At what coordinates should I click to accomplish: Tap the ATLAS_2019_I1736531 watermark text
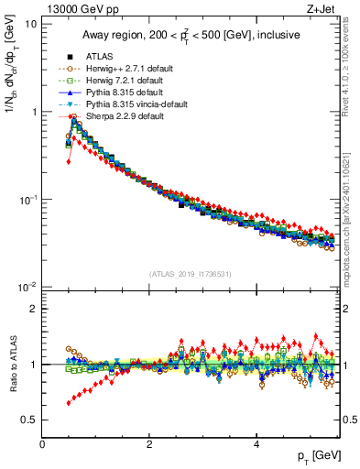tap(191, 274)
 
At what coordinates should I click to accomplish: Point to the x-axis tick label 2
tap(148, 444)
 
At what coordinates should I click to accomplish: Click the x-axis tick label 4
tap(256, 444)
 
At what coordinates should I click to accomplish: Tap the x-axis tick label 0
tap(42, 444)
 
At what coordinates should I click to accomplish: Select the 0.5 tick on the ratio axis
tap(29, 420)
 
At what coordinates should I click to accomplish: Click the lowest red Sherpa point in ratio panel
tap(68, 403)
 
